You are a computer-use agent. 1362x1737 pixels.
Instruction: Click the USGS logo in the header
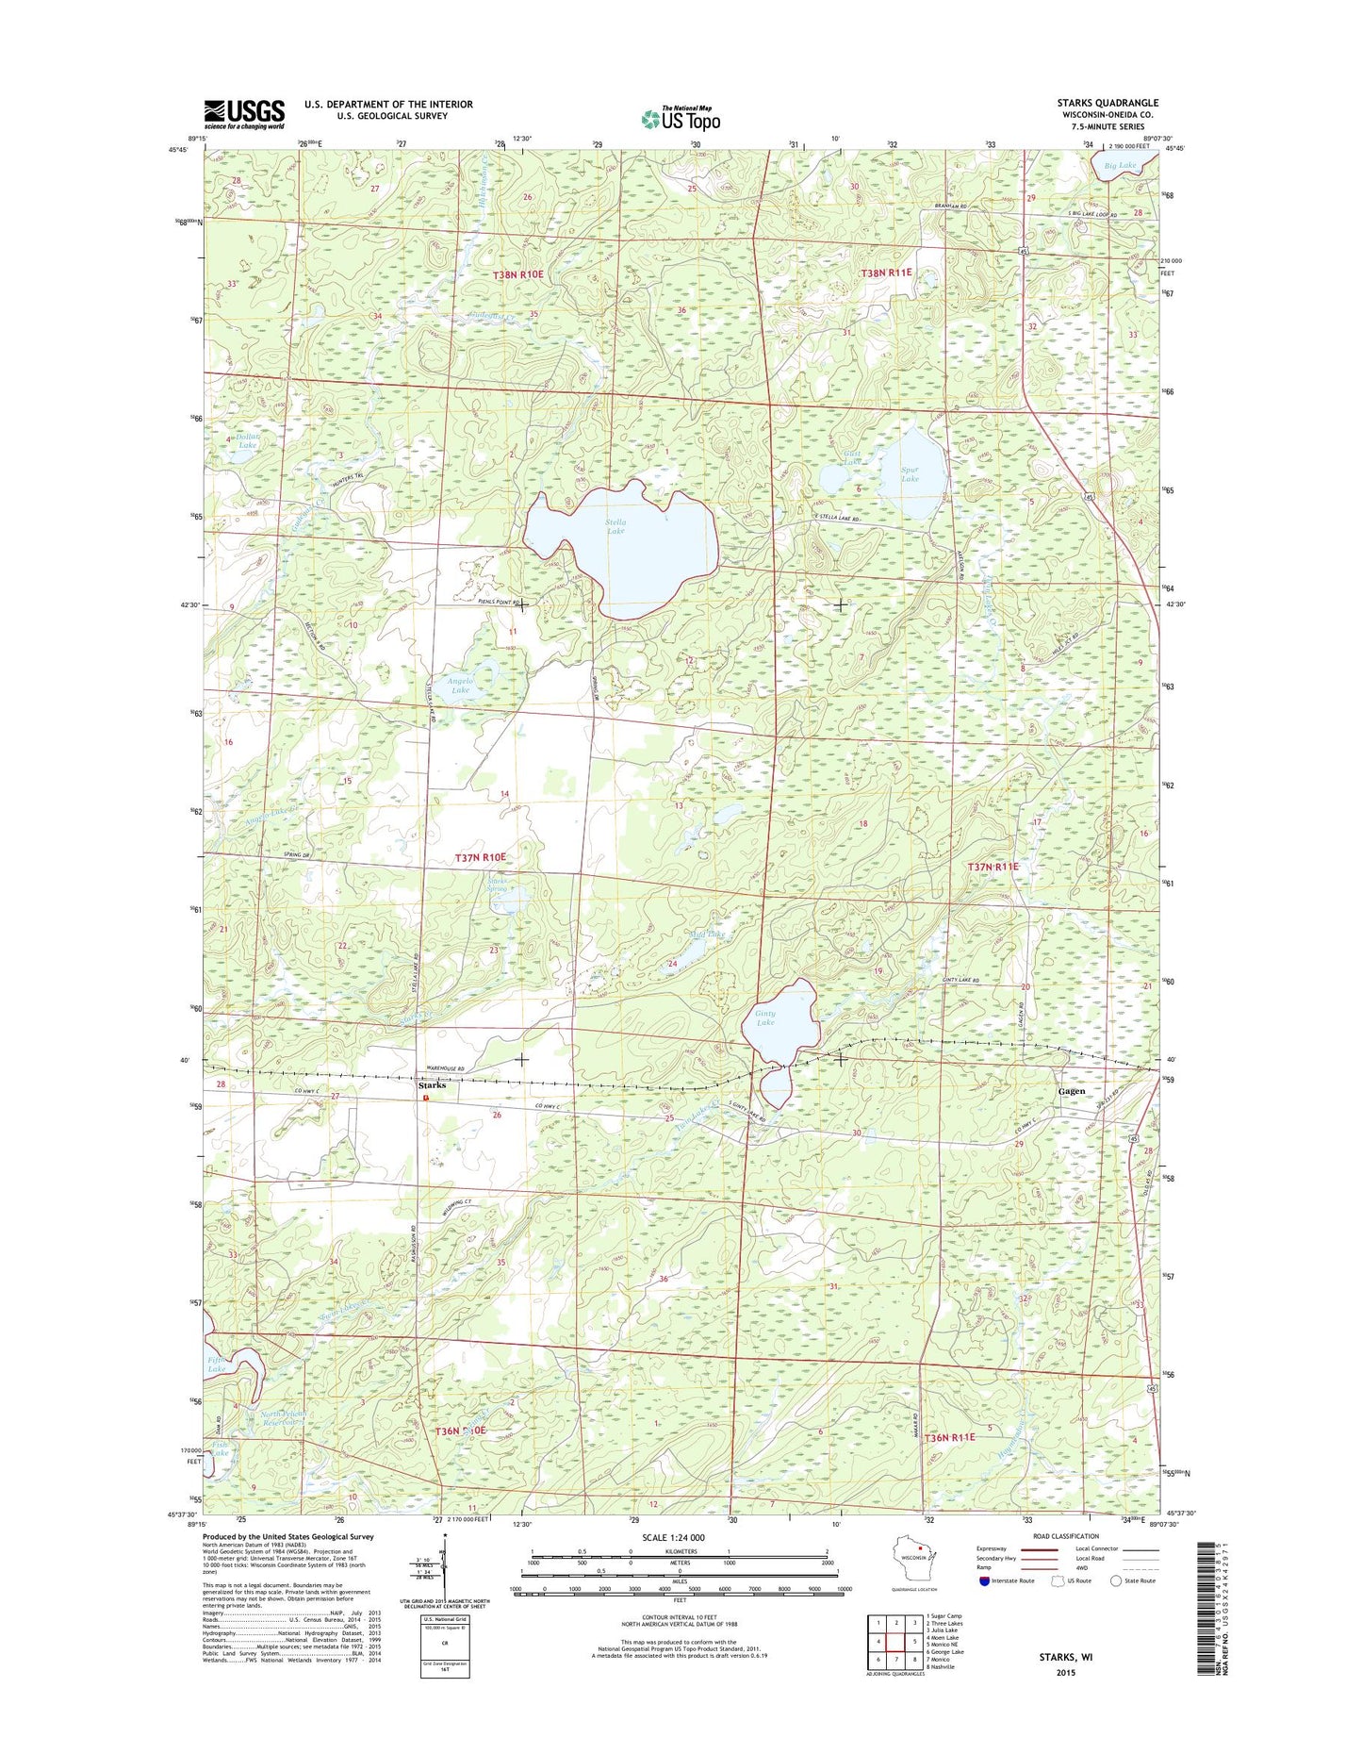[x=244, y=114]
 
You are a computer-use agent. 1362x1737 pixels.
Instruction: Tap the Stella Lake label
[x=615, y=526]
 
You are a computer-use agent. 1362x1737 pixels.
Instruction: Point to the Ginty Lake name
[x=765, y=1018]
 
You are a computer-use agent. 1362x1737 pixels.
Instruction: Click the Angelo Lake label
[x=460, y=685]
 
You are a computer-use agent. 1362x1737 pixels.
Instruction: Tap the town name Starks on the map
[x=433, y=1085]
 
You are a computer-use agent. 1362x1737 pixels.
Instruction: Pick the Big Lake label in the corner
[x=1121, y=165]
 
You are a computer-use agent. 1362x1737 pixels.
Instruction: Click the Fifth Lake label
[x=217, y=1364]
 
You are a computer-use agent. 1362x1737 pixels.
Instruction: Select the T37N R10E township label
[x=480, y=857]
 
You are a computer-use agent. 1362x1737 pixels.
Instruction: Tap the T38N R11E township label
[x=886, y=273]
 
